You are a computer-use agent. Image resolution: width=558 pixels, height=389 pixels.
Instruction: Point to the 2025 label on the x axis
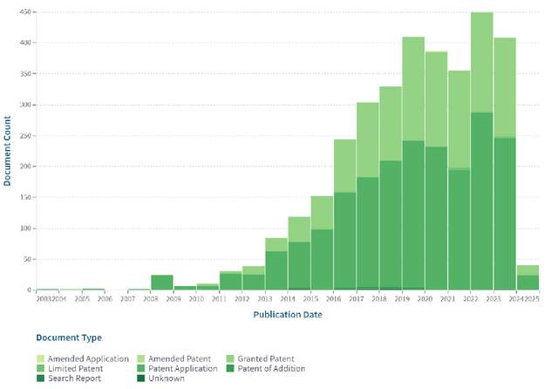[x=531, y=298]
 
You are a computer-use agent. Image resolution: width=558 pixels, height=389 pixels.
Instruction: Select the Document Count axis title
[x=7, y=151]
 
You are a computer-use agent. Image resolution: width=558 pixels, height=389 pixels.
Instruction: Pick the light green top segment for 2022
[x=482, y=61]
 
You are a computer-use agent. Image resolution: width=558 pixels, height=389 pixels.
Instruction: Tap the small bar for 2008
[x=161, y=282]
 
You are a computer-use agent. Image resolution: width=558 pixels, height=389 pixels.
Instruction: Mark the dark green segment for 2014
[x=299, y=265]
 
